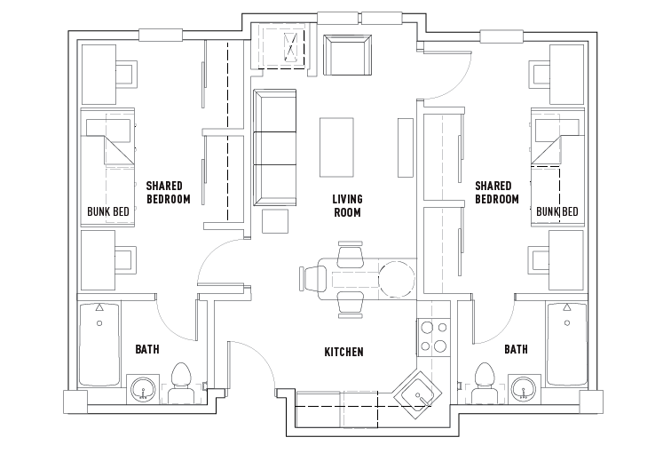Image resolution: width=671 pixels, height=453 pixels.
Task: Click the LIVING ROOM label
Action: pyautogui.click(x=347, y=206)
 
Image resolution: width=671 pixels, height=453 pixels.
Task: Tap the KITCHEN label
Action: pyautogui.click(x=343, y=353)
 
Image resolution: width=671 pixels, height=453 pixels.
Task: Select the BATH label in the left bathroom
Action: pyautogui.click(x=147, y=349)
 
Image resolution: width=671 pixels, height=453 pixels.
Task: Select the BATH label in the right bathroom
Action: pyautogui.click(x=516, y=349)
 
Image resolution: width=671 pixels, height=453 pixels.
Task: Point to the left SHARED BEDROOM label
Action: pyautogui.click(x=169, y=193)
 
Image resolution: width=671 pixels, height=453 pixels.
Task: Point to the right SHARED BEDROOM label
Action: pyautogui.click(x=497, y=193)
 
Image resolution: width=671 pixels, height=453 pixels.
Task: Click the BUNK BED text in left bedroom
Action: pyautogui.click(x=109, y=211)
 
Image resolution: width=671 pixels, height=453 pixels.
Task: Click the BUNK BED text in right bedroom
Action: pyautogui.click(x=557, y=211)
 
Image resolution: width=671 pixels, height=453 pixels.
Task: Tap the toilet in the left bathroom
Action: pyautogui.click(x=182, y=380)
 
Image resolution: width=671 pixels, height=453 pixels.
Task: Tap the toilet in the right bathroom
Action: pyautogui.click(x=485, y=380)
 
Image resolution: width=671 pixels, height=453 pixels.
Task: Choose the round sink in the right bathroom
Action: pyautogui.click(x=524, y=388)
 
